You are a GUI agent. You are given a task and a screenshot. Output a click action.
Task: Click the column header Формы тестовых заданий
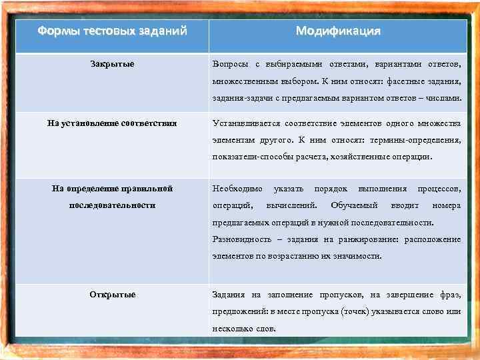click(x=112, y=31)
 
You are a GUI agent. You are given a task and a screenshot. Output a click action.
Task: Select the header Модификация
click(x=338, y=31)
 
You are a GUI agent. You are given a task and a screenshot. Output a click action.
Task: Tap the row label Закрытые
click(x=112, y=64)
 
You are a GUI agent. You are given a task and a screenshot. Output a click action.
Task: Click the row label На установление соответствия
click(x=112, y=123)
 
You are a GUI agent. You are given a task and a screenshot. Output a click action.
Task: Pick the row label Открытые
click(x=112, y=294)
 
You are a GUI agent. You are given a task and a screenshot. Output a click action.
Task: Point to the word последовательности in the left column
click(x=112, y=205)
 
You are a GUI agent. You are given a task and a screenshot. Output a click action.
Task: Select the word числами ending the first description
click(x=443, y=99)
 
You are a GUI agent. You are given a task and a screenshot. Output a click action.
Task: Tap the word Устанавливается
click(x=245, y=123)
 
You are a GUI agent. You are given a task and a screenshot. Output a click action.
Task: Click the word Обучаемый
click(x=354, y=205)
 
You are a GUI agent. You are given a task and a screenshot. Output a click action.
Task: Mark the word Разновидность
click(x=241, y=239)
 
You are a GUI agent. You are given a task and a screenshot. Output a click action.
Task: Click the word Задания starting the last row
click(x=228, y=295)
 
